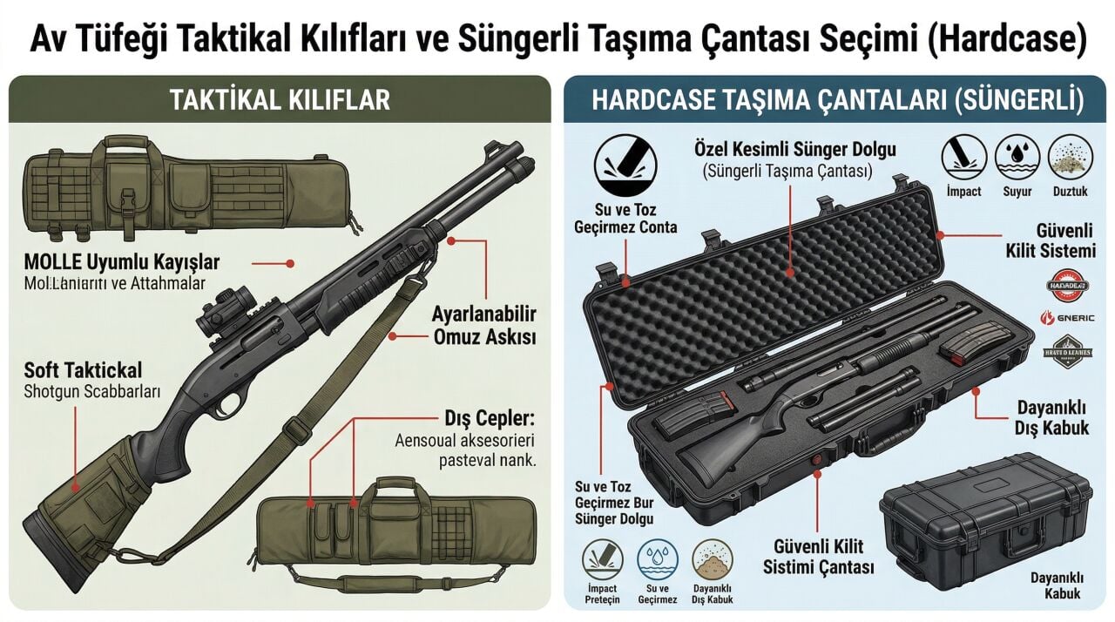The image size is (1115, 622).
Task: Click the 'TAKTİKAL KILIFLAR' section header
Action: (279, 99)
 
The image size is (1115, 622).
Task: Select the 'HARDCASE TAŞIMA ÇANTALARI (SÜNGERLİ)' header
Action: (836, 99)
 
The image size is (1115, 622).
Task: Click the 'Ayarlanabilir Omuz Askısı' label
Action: (483, 325)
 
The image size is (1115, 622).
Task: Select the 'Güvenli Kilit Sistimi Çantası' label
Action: (819, 557)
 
